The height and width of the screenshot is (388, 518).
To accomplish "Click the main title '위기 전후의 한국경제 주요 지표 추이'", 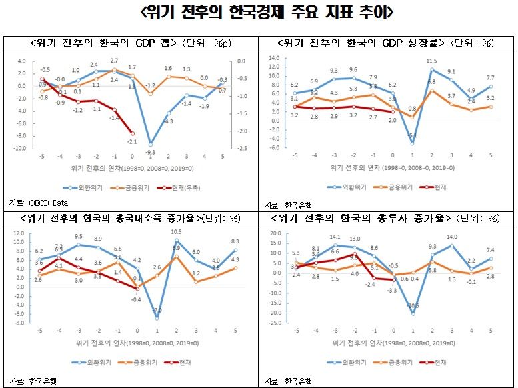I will (x=258, y=13).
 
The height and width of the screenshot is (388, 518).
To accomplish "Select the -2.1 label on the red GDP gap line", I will (x=133, y=141).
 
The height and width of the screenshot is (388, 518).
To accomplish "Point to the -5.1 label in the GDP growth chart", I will (x=412, y=136).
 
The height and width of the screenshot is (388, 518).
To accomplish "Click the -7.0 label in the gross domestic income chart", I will (x=157, y=311).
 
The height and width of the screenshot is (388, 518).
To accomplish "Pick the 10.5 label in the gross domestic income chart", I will (x=177, y=232).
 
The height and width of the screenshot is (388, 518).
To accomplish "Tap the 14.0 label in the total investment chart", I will (x=452, y=237).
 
